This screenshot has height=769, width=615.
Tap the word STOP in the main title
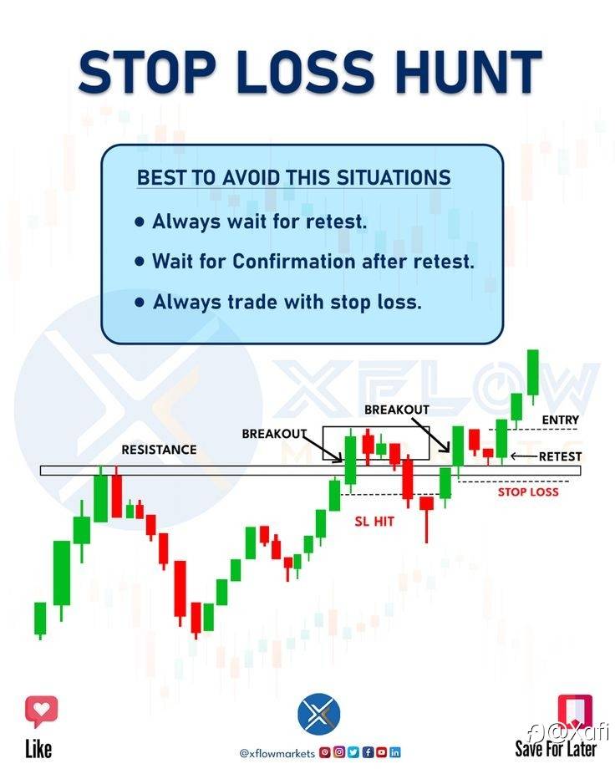click(147, 72)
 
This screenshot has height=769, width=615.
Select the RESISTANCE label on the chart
click(159, 450)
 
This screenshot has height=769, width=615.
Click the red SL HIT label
click(374, 522)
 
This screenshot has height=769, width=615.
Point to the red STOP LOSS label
click(528, 491)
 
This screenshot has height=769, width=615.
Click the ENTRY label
click(560, 420)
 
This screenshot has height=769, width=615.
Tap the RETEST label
click(560, 456)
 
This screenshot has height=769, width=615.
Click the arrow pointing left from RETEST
click(524, 456)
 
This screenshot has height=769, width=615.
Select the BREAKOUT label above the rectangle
click(397, 410)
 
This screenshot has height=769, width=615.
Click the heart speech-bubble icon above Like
click(41, 711)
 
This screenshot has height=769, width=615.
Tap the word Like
click(38, 749)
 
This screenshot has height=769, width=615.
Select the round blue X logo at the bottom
click(318, 714)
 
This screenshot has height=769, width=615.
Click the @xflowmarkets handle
click(277, 753)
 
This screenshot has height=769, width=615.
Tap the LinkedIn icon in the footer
click(394, 752)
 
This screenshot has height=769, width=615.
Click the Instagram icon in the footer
click(339, 752)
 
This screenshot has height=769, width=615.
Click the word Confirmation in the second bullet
click(294, 262)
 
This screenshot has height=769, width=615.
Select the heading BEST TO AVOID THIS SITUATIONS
click(294, 177)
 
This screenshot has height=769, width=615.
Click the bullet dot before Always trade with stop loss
click(140, 302)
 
